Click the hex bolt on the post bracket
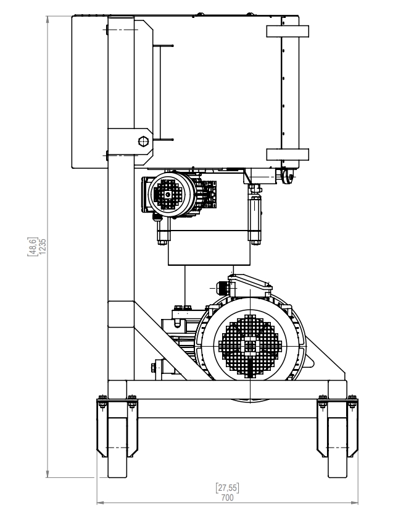tap(143, 140)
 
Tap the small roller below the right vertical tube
tap(286, 176)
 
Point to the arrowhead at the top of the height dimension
tap(48, 19)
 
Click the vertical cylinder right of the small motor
tap(254, 213)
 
